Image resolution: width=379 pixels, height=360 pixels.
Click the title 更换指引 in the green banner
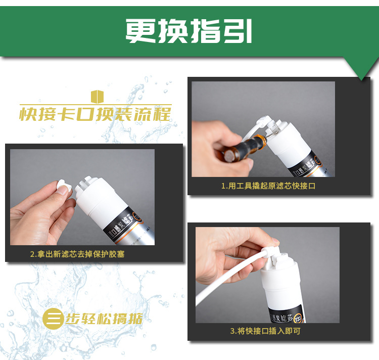tap(189, 31)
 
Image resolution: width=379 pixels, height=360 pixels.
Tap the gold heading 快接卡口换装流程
tap(96, 114)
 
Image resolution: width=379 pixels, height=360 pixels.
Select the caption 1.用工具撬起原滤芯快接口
tap(268, 186)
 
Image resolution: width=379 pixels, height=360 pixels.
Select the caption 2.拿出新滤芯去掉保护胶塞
tap(77, 254)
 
